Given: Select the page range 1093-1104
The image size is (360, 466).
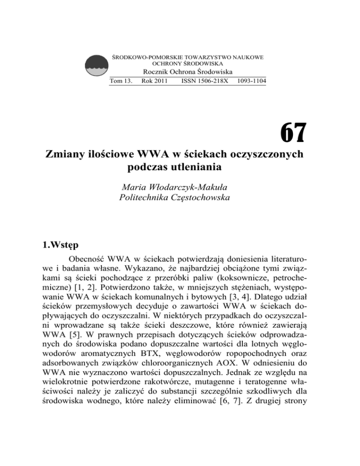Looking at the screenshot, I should point(249,81).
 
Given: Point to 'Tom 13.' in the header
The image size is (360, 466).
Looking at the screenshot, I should point(120,81).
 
